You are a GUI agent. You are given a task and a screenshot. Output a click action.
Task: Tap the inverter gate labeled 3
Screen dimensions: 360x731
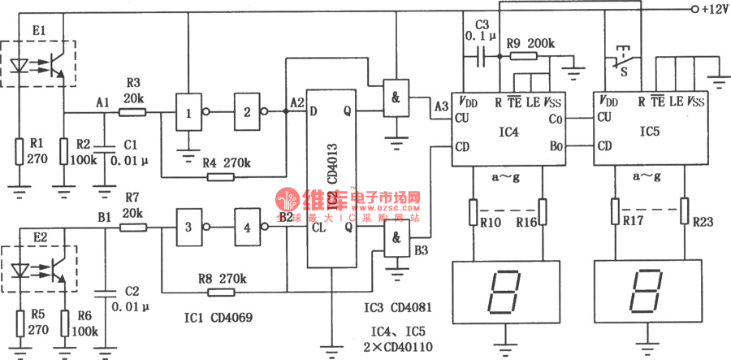(x=188, y=228)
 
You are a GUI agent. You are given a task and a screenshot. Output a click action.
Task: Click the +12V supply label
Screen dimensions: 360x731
(x=712, y=9)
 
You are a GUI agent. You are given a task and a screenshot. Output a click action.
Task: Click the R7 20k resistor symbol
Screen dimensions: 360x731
(x=133, y=228)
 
